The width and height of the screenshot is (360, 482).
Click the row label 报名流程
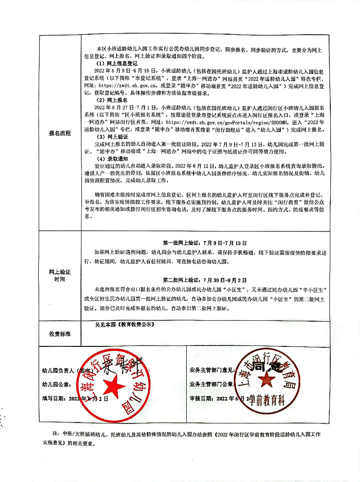pyautogui.click(x=60, y=133)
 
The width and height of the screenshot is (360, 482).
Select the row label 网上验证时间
pyautogui.click(x=60, y=275)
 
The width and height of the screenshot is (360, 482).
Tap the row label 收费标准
pyautogui.click(x=60, y=334)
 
